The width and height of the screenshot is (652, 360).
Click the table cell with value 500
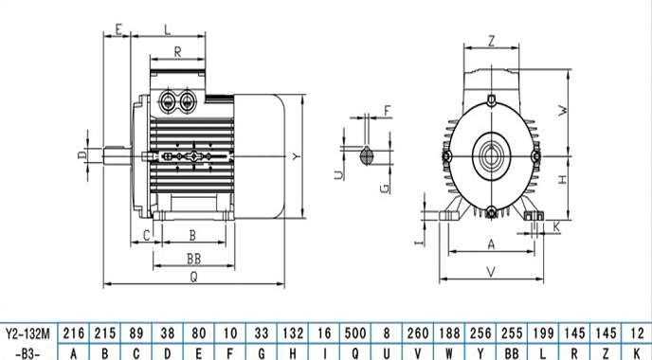[x=355, y=333]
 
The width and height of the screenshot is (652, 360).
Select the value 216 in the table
[x=74, y=333]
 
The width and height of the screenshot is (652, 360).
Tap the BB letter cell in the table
[x=512, y=353]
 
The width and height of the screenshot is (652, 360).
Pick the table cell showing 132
[x=293, y=333]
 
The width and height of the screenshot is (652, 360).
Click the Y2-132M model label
[x=27, y=333]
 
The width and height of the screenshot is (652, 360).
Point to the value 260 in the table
[x=418, y=333]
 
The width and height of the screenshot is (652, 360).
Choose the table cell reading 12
[x=637, y=333]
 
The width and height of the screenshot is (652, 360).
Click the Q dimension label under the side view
[x=193, y=277]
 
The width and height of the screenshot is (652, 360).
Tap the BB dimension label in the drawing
[x=193, y=259]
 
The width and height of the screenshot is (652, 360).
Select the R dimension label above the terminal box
[x=177, y=52]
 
